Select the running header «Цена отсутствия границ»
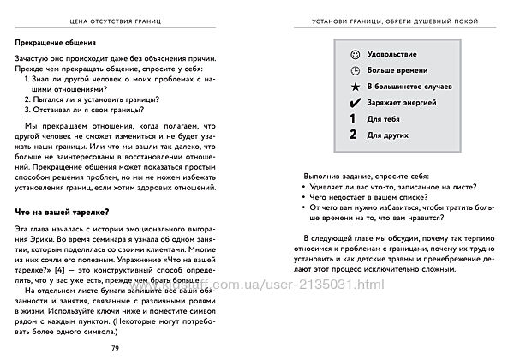coord(127,19)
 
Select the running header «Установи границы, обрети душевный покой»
coord(394,19)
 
